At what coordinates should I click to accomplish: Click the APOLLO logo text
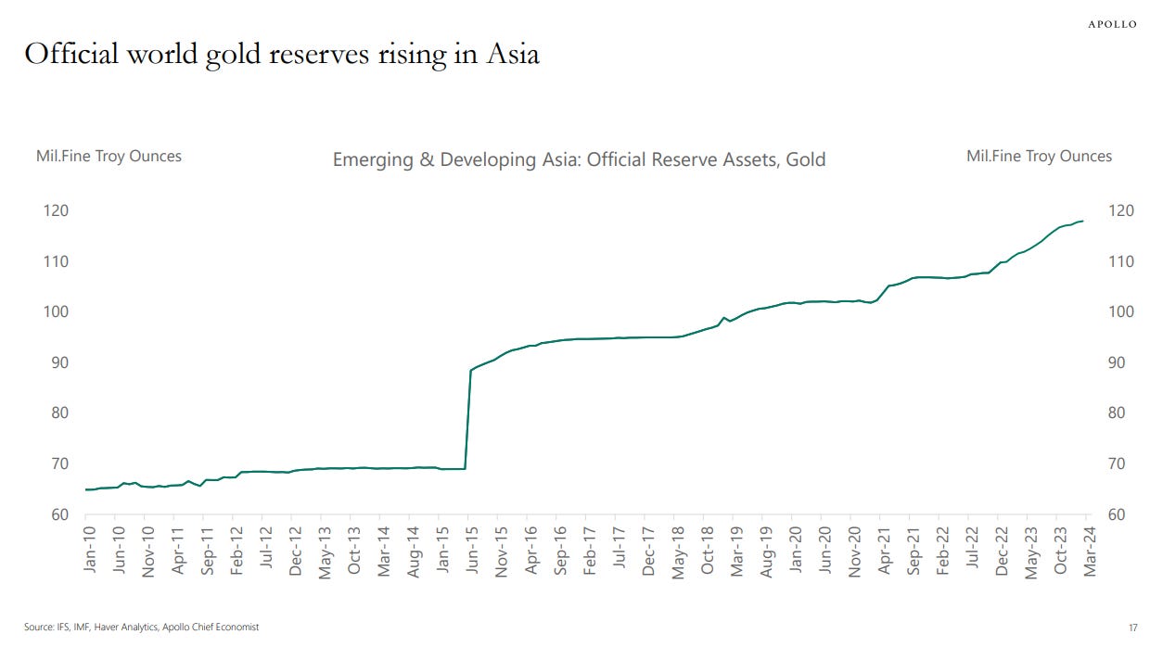pyautogui.click(x=1112, y=25)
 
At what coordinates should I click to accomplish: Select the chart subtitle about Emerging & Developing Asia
pyautogui.click(x=579, y=160)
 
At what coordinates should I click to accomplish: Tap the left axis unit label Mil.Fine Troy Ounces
pyautogui.click(x=109, y=156)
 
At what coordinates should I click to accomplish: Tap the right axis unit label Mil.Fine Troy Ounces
pyautogui.click(x=1039, y=156)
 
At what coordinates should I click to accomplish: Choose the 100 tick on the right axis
pyautogui.click(x=1120, y=311)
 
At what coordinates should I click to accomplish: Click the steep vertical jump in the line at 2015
pyautogui.click(x=468, y=417)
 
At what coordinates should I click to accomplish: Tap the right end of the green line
pyautogui.click(x=1083, y=221)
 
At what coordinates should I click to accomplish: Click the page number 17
pyautogui.click(x=1132, y=628)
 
